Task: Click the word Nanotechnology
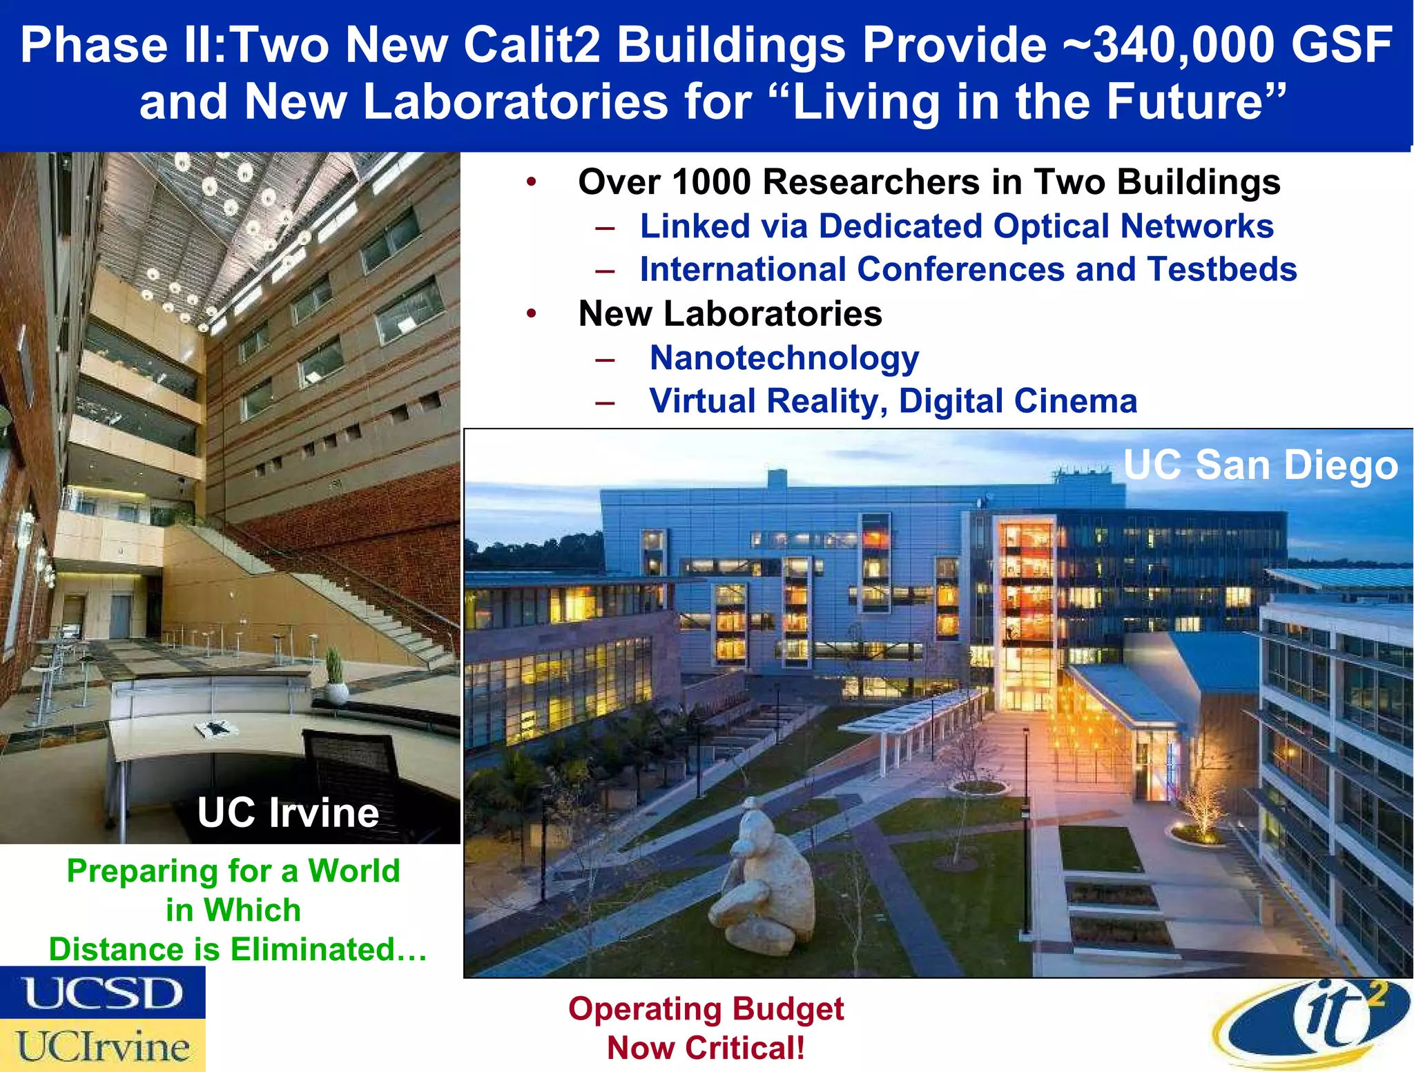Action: [784, 358]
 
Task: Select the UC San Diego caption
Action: [1260, 465]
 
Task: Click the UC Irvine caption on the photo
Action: [288, 812]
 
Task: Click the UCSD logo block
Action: [102, 993]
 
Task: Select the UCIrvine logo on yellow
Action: [102, 1046]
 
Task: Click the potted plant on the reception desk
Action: [335, 676]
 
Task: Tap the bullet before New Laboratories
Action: [531, 314]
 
